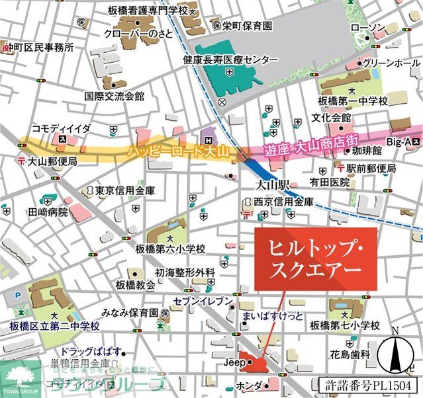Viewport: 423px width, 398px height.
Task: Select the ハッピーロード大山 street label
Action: [179, 153]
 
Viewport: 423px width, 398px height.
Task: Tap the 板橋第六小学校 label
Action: [170, 249]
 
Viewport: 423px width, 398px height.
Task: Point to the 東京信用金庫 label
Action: [125, 190]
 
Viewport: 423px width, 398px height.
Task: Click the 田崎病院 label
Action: [48, 212]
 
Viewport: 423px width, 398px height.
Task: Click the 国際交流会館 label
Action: [115, 96]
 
